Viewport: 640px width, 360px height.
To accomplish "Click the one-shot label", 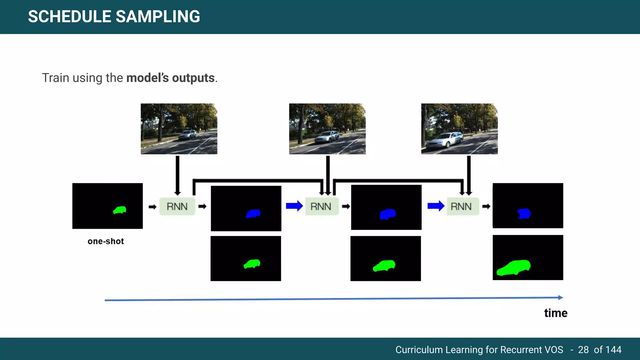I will [x=106, y=241].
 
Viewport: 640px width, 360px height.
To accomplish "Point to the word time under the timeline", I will [x=556, y=313].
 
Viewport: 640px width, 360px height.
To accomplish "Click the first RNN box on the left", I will [x=177, y=207].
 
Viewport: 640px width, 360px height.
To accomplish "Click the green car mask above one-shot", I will [x=120, y=210].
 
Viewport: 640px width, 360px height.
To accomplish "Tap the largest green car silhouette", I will [x=514, y=267].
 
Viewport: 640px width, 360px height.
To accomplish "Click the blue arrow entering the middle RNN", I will [x=294, y=206].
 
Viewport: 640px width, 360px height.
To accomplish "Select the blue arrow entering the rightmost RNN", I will [x=436, y=206].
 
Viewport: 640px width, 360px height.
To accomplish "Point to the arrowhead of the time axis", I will [x=561, y=297].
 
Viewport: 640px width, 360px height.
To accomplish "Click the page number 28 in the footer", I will [x=583, y=350].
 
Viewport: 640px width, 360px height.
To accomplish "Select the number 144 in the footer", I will [x=613, y=350].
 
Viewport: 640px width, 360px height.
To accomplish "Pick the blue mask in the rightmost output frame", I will [x=524, y=214].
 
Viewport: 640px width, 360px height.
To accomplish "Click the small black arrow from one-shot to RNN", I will [x=152, y=207].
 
